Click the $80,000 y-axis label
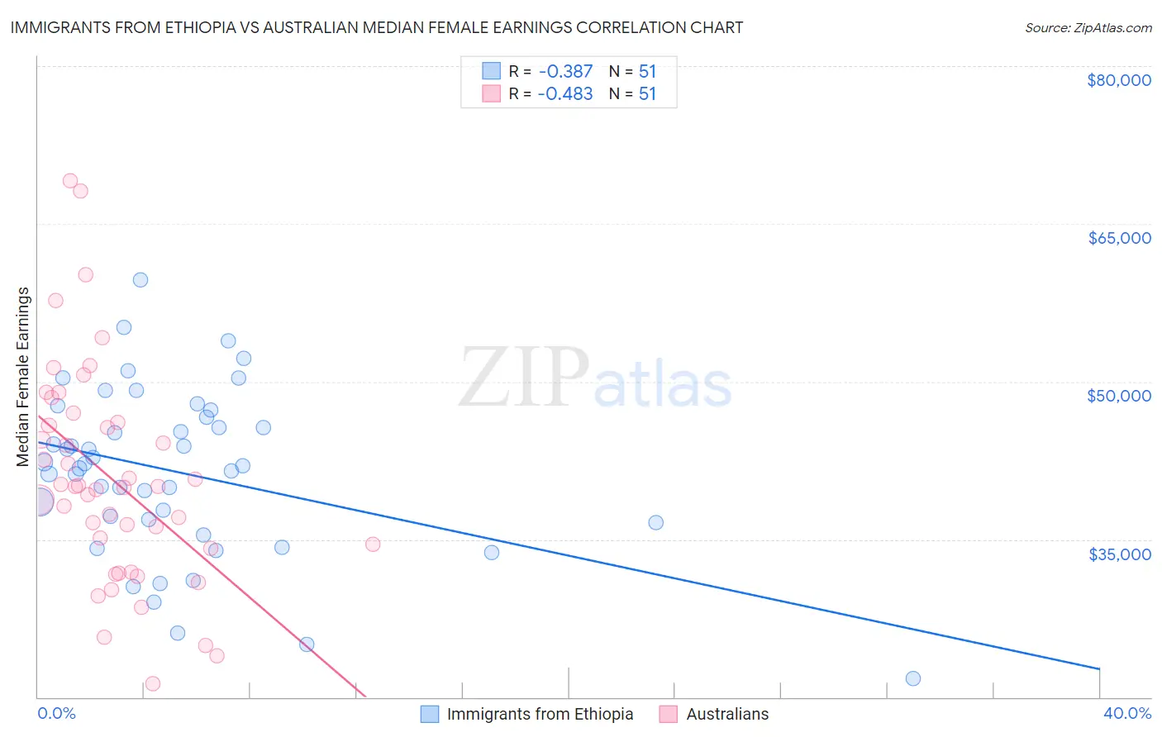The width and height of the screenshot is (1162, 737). [x=1119, y=80]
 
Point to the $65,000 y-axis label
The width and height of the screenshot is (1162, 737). [x=1119, y=238]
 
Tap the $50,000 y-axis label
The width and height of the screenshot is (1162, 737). [x=1119, y=396]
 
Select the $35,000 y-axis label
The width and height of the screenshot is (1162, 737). [x=1119, y=554]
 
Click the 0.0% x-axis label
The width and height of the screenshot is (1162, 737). [x=56, y=714]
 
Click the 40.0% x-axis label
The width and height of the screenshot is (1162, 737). [x=1126, y=714]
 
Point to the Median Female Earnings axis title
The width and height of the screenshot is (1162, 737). [x=23, y=377]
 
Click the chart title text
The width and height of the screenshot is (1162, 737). [x=377, y=27]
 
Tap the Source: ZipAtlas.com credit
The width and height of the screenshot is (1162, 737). [x=1088, y=27]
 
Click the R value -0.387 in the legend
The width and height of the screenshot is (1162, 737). [x=565, y=72]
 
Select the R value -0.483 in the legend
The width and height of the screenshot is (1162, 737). [x=565, y=94]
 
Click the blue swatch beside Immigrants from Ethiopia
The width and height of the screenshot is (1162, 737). [x=430, y=714]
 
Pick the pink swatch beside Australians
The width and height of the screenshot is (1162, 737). [x=669, y=714]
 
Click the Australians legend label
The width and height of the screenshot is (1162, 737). [x=727, y=714]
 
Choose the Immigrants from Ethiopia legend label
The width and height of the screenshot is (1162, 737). [x=540, y=714]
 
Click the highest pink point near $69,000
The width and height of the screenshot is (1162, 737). [x=70, y=181]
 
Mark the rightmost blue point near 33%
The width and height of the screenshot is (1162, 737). [x=913, y=678]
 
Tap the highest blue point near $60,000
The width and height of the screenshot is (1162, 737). [x=140, y=280]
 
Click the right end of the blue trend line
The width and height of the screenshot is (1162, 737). [x=1099, y=668]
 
